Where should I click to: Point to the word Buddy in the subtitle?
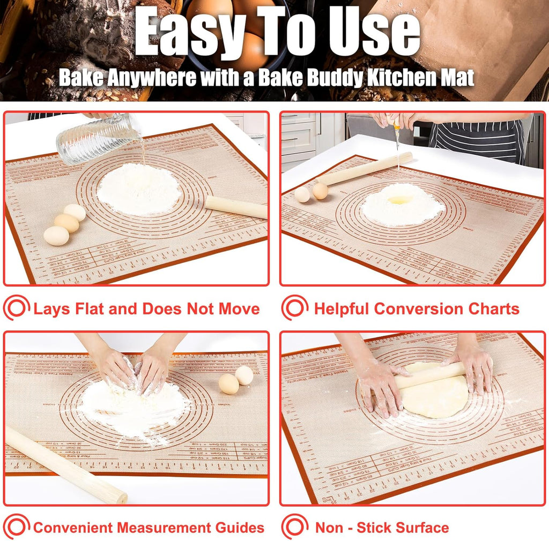coord(333,78)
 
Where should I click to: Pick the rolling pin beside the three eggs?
coord(236,207)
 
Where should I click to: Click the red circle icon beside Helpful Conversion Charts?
coord(295,309)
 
